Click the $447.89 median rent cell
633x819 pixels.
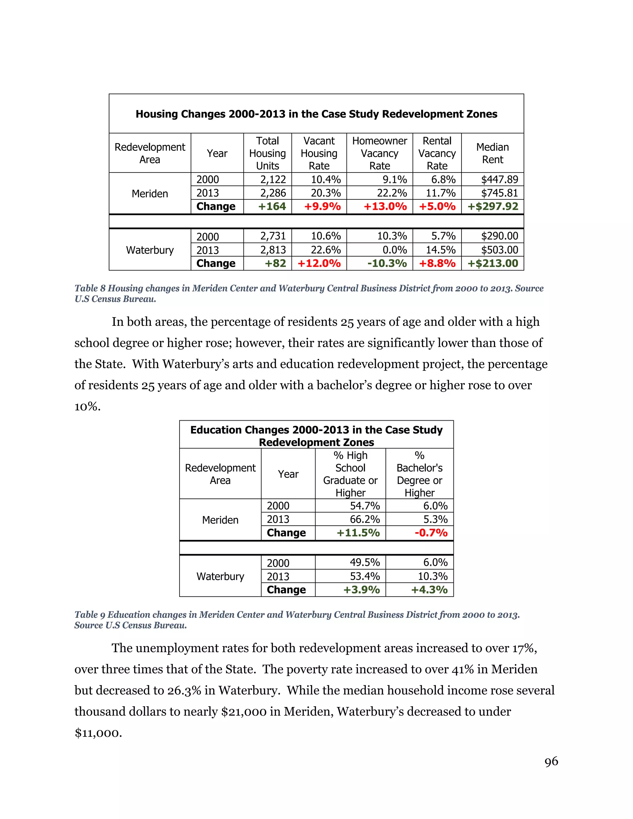499,179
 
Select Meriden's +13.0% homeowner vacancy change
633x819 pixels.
385,206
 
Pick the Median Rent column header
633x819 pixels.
492,153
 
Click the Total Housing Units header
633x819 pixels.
267,153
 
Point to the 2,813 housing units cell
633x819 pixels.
273,250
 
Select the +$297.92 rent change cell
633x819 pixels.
492,206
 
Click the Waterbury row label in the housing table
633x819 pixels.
150,250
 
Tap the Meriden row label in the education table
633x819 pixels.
220,520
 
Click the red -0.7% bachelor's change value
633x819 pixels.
431,533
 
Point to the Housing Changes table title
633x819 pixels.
316,114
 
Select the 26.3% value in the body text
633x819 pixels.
184,690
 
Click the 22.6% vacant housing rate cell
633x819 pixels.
325,250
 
